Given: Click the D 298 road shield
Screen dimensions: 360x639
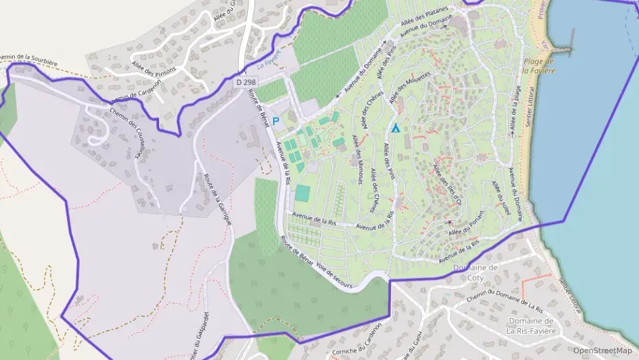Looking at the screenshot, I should [x=246, y=82].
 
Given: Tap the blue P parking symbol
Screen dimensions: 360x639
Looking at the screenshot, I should [x=276, y=121].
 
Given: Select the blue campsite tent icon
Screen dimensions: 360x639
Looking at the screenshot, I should [x=395, y=128].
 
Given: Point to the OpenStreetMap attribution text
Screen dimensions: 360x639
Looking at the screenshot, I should [x=602, y=350].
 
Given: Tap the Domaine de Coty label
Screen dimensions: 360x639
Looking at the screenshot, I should [x=476, y=273].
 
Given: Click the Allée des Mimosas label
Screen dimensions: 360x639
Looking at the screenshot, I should [x=358, y=159].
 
